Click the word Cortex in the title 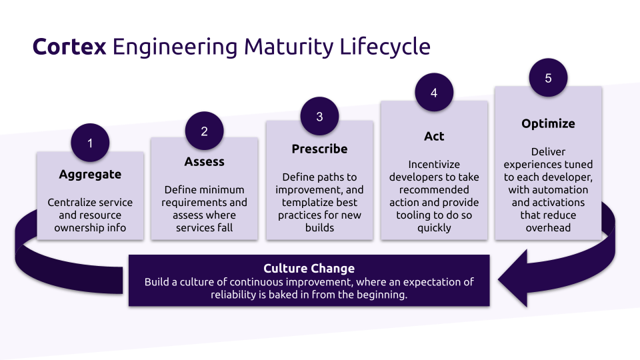pyautogui.click(x=69, y=47)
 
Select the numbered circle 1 pyautogui.click(x=90, y=143)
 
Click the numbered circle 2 pyautogui.click(x=204, y=131)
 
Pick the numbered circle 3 pyautogui.click(x=319, y=117)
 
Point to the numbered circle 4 pyautogui.click(x=434, y=93)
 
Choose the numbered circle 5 pyautogui.click(x=548, y=78)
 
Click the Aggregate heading pyautogui.click(x=90, y=175)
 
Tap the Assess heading pyautogui.click(x=204, y=162)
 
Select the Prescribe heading pyautogui.click(x=319, y=149)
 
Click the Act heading pyautogui.click(x=434, y=137)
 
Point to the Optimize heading pyautogui.click(x=548, y=124)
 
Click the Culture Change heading pyautogui.click(x=309, y=269)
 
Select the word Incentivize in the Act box pyautogui.click(x=434, y=165)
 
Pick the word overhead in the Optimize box pyautogui.click(x=548, y=228)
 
